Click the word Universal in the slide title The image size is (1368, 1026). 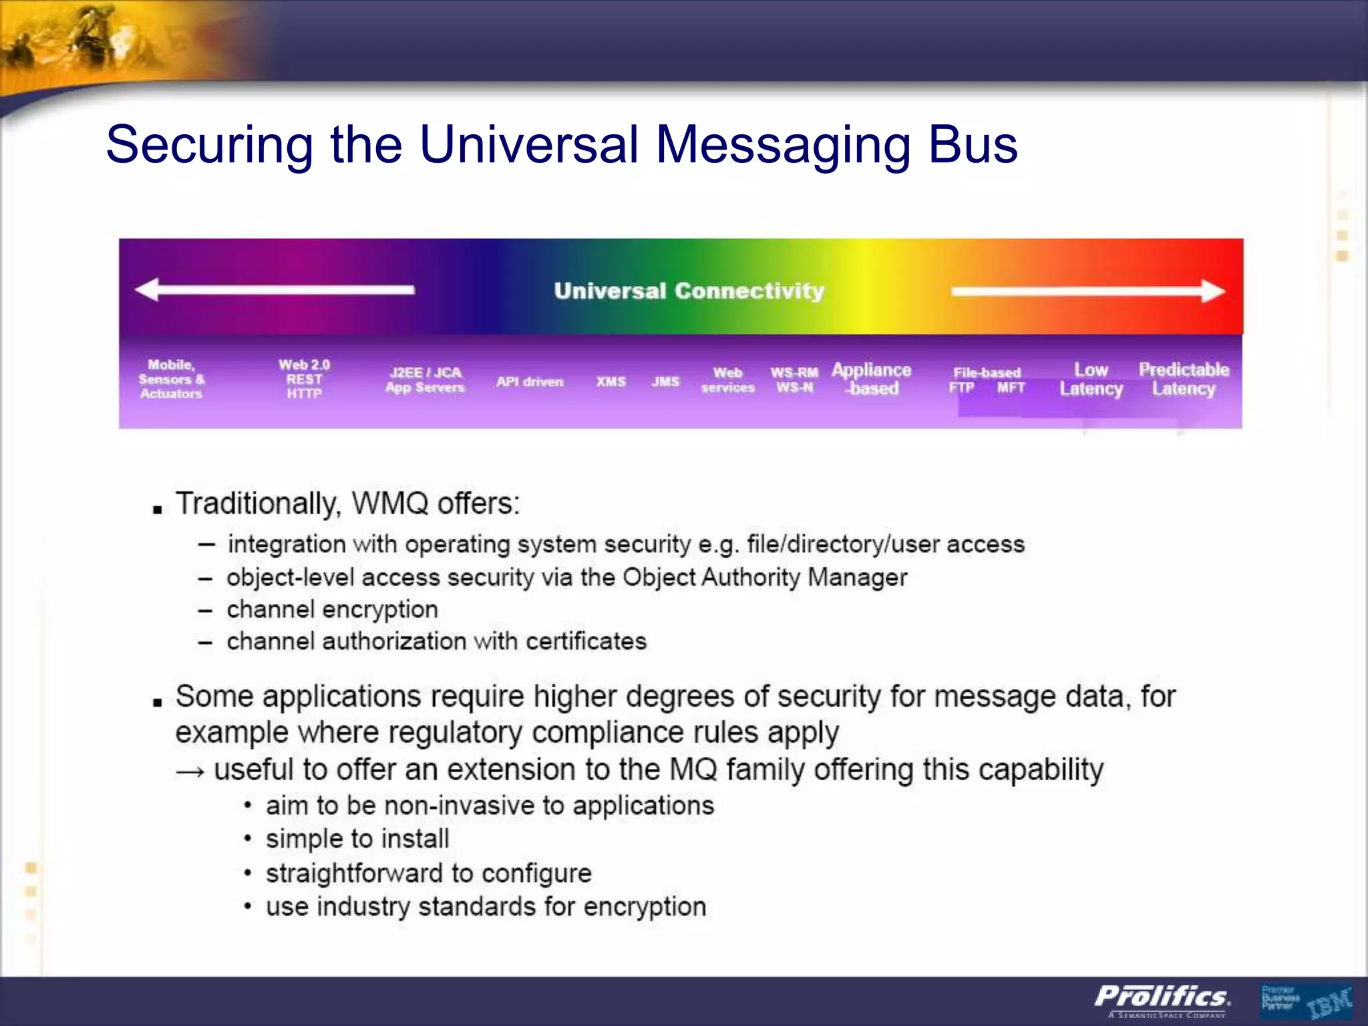[529, 145]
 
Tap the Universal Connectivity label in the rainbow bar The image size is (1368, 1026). [689, 291]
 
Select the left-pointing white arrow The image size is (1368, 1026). [275, 289]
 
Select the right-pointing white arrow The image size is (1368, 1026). [1088, 291]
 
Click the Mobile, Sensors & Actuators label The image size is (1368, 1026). [171, 379]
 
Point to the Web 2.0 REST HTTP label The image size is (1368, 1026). [304, 379]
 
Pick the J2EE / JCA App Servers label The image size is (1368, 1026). [425, 379]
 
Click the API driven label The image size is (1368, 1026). [530, 381]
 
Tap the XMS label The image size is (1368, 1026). [611, 381]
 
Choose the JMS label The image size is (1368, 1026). [665, 381]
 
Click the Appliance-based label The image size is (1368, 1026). [871, 379]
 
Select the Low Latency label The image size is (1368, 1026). [1091, 379]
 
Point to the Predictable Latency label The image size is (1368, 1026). [1184, 379]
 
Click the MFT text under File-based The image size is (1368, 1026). [1011, 388]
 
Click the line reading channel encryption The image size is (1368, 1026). [332, 609]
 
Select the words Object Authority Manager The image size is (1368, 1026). [765, 577]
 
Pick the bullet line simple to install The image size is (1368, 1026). [357, 839]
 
